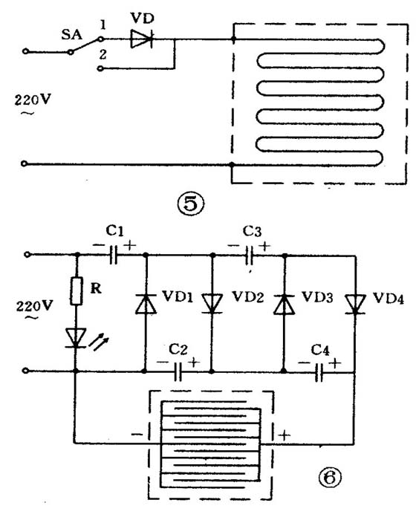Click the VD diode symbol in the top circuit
pos(142,39)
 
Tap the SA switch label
pos(71,34)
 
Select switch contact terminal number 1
pos(101,39)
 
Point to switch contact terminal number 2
pos(101,68)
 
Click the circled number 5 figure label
pos(190,204)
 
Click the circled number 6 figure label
pos(329,478)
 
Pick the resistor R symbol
pos(77,291)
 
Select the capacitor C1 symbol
pos(113,255)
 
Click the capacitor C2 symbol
pos(178,371)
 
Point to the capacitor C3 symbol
pos(250,256)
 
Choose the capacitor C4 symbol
pos(319,372)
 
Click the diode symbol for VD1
pos(146,304)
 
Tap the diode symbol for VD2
pos(212,304)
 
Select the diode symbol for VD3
pos(284,304)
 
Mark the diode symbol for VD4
pos(355,304)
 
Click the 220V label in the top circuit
pos(33,100)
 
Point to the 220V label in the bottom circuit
pos(34,306)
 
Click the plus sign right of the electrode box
pos(285,435)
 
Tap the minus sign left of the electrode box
pos(137,434)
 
